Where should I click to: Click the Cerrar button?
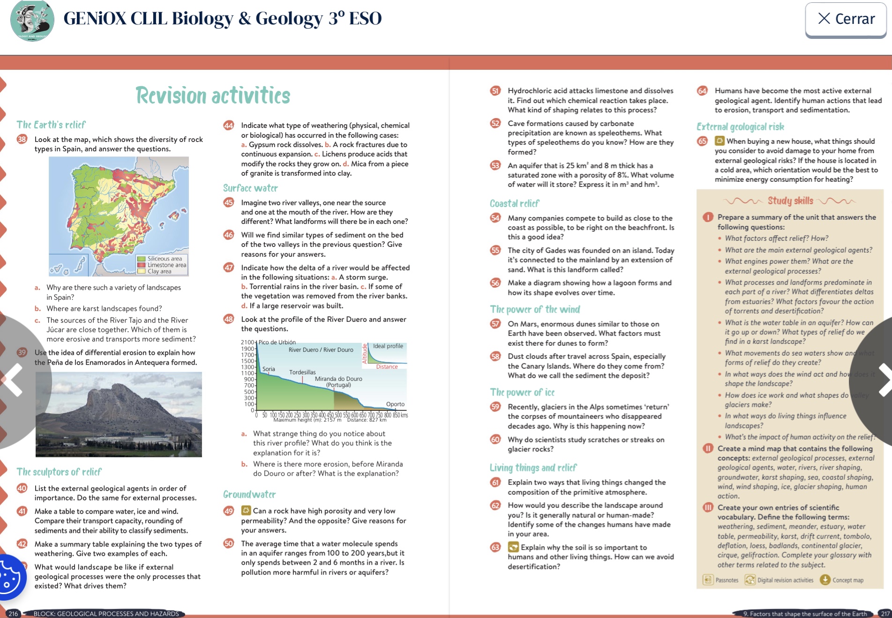846,19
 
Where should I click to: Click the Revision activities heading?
213,96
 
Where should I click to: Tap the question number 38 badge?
22,139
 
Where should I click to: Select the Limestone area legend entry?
166,265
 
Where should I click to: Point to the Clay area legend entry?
159,271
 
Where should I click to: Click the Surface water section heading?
250,188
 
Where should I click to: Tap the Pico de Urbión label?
277,342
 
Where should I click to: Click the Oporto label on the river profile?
395,404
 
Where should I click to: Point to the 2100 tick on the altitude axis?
247,343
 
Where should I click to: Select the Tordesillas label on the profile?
302,372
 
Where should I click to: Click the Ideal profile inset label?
388,346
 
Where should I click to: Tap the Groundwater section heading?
249,495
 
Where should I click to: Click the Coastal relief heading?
514,204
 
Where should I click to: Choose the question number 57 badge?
495,324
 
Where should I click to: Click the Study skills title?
790,201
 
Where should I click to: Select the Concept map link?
847,580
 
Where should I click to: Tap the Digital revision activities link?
785,580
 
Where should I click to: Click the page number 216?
13,613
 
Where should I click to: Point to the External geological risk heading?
740,127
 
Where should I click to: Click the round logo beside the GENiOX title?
32,21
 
